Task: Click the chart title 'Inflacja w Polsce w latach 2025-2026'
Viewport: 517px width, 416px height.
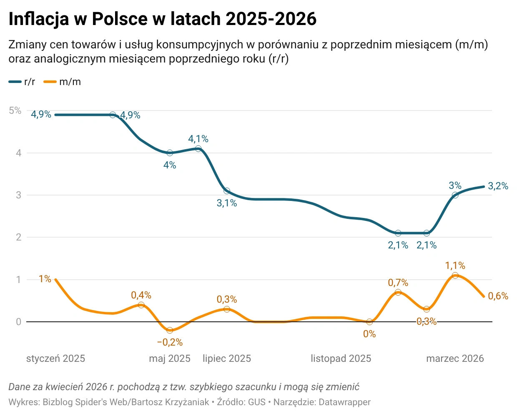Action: [162, 19]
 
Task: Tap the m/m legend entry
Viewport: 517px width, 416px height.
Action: [63, 82]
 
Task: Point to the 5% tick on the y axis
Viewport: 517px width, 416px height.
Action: [15, 110]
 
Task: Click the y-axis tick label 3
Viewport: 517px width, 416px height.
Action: [18, 195]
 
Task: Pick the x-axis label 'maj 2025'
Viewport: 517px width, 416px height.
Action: [170, 358]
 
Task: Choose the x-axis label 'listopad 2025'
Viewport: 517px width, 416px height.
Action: [341, 358]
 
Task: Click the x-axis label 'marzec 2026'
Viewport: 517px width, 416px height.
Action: [455, 358]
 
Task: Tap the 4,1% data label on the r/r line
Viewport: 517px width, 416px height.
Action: [198, 139]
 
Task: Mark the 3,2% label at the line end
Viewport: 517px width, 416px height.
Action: [498, 186]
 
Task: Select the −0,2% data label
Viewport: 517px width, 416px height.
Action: [170, 342]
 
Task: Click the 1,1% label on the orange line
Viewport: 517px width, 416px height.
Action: [455, 266]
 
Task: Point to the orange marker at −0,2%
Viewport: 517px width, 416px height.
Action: [170, 330]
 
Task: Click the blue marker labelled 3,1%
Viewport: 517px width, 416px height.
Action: [227, 191]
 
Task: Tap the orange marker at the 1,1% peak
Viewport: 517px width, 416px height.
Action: [455, 276]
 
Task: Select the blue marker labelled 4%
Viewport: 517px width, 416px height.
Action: [170, 153]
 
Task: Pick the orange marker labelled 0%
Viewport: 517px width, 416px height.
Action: [369, 322]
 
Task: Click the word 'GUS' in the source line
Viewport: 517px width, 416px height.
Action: [257, 402]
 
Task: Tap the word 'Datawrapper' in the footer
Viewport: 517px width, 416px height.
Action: [345, 402]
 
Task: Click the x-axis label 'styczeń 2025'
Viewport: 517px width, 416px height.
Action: [55, 358]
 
